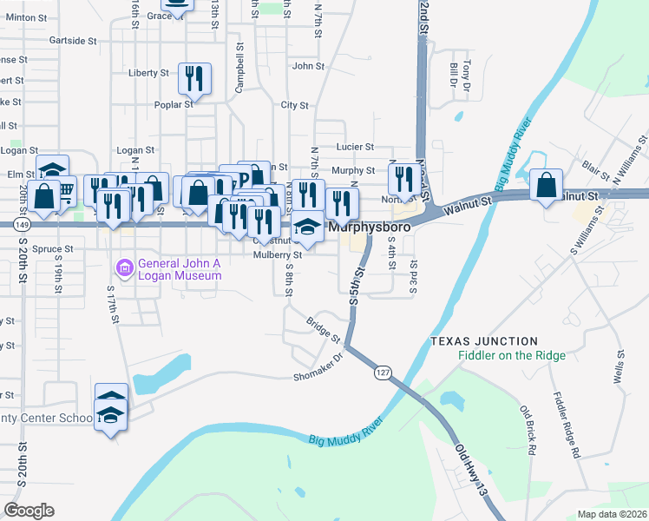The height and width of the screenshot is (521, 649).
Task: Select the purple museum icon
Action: point(126,268)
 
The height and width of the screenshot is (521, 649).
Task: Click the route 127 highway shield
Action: point(382,373)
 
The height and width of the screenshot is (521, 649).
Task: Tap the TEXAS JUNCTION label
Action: point(483,341)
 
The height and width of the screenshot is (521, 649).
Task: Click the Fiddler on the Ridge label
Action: point(512,355)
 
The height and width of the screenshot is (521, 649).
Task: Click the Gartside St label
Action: point(73,41)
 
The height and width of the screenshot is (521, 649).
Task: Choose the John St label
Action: point(308,65)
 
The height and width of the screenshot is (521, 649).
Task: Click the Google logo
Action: point(29,510)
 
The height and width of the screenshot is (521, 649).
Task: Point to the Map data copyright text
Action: point(611,514)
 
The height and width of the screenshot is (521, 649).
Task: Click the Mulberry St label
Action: point(277,255)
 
